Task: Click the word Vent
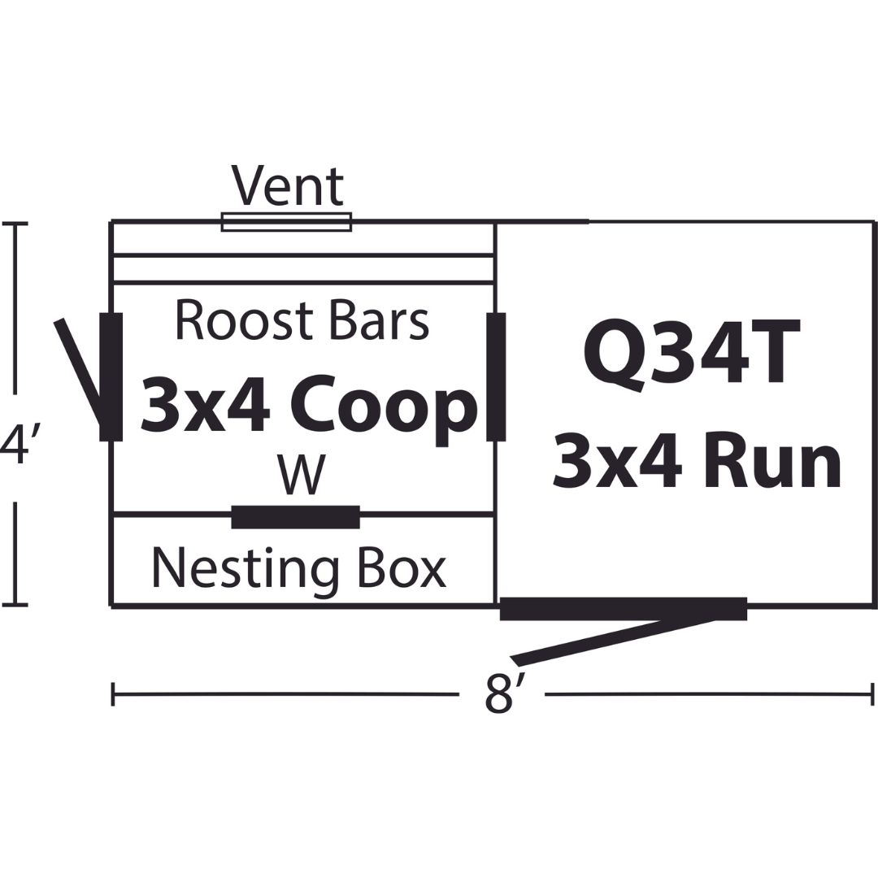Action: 288,186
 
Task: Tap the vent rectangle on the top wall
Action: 286,222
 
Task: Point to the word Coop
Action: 386,406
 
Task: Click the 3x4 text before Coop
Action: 205,403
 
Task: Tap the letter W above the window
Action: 302,474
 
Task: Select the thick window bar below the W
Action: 296,517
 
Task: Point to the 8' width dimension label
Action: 500,693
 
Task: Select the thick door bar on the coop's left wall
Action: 111,376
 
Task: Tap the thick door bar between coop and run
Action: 496,376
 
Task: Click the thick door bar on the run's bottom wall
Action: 624,609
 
